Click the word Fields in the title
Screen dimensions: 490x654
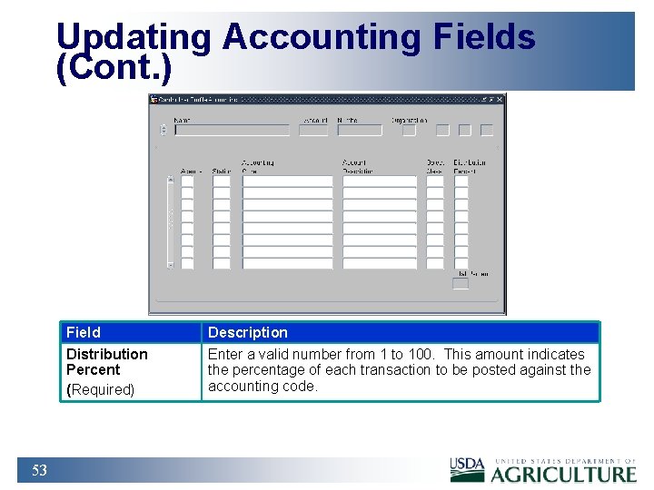coord(484,37)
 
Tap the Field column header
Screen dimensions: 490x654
coord(84,332)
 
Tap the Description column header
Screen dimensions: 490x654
coord(247,332)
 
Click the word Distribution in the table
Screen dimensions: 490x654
coord(106,354)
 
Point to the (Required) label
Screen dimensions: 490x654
coord(100,389)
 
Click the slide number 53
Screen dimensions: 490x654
coord(39,470)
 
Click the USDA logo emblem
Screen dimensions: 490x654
coord(467,469)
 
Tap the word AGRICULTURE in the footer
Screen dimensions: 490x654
coord(563,474)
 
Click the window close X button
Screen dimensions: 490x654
coord(500,100)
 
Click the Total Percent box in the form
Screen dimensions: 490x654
coord(461,284)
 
